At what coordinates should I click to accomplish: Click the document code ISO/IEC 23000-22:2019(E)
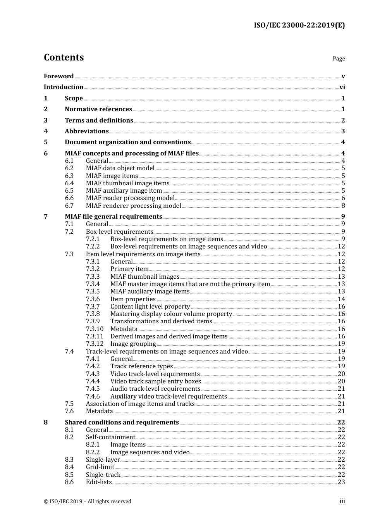coord(299,25)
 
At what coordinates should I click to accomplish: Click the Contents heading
coord(64,57)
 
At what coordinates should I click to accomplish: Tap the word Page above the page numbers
coord(339,59)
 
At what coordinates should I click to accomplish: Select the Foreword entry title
coord(58,76)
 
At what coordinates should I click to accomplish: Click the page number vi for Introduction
coord(342,87)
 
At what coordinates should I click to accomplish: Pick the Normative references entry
coord(98,109)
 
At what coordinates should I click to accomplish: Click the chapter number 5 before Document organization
coord(46,142)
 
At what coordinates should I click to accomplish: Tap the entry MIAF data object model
coord(120,168)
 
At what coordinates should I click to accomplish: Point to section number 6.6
coord(69,198)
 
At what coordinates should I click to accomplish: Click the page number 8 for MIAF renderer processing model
coord(343,206)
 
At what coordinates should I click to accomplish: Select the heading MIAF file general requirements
coord(113,217)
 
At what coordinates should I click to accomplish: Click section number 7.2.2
coord(93,247)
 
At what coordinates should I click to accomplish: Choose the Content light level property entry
coord(150,307)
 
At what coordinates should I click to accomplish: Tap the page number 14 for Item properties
coord(341,299)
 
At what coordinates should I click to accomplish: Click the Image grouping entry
coord(133,344)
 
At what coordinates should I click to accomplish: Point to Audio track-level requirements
coord(155,389)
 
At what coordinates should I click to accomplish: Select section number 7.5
coord(69,404)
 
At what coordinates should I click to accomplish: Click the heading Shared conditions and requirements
coord(122,423)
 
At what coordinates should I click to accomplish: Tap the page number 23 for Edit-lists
coord(341,482)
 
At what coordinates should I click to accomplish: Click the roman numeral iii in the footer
coord(342,501)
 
